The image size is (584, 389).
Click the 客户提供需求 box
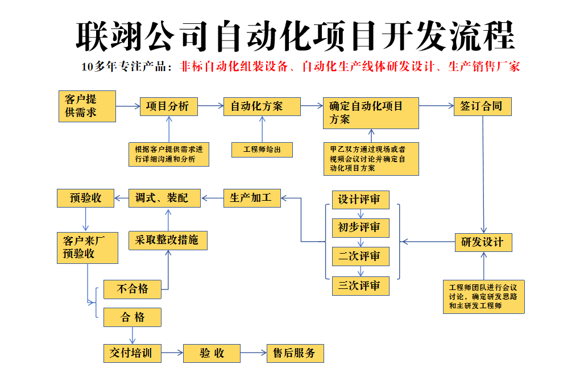(87, 106)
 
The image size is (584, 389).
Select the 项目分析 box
(168, 106)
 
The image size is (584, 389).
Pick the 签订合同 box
(482, 106)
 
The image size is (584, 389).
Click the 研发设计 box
(483, 242)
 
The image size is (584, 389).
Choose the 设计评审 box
(361, 200)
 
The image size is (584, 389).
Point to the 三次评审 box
(361, 286)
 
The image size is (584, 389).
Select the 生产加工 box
(252, 198)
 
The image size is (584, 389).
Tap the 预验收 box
(86, 198)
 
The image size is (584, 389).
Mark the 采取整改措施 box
(168, 241)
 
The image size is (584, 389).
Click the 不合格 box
(132, 289)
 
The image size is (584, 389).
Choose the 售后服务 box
(295, 353)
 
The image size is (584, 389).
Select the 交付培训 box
(132, 353)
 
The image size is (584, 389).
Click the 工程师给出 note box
(262, 150)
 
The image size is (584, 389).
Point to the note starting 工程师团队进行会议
(483, 296)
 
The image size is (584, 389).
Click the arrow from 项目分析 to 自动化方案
(210, 106)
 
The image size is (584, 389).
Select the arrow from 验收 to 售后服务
(254, 353)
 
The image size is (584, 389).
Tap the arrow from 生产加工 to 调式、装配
(213, 198)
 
